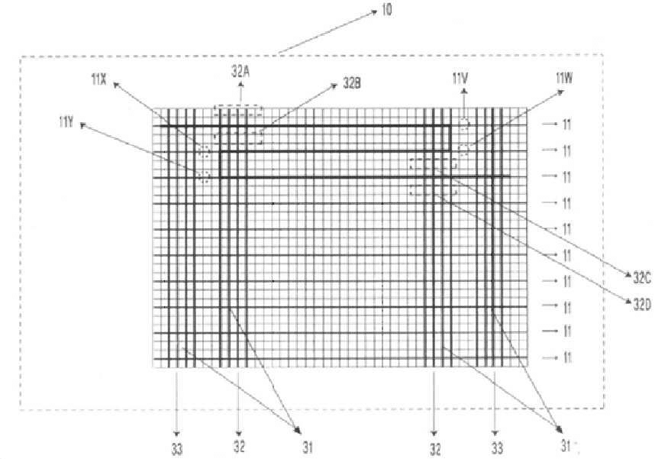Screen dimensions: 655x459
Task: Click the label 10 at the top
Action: [387, 10]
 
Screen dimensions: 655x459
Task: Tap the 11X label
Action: [98, 79]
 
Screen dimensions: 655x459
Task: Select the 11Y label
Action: [66, 122]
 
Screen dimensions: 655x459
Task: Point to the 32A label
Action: [240, 72]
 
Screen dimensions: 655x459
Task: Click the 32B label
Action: [352, 83]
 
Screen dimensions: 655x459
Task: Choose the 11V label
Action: [460, 78]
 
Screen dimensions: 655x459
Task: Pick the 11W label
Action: [564, 78]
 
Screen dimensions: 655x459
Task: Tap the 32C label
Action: [642, 279]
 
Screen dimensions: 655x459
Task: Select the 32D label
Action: [642, 305]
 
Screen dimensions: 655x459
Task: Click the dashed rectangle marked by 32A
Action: [238, 106]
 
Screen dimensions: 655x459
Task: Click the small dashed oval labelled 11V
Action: [463, 119]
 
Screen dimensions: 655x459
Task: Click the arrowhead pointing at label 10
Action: [374, 13]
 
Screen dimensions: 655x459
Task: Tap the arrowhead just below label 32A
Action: [240, 85]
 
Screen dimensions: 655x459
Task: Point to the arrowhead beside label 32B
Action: [334, 86]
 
